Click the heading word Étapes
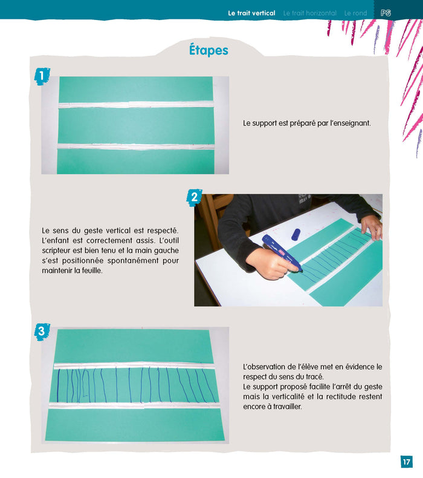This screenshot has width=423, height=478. coord(208,50)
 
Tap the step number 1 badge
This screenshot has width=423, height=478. coord(41,76)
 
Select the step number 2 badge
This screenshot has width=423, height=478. coord(194,196)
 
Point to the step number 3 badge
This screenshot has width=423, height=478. coord(41,331)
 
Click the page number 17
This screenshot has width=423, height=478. coord(406,462)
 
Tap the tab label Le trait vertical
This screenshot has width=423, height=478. coord(251,13)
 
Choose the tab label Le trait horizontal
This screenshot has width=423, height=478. coord(309,13)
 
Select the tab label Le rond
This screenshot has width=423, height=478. coord(355,13)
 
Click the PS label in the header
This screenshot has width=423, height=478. coord(386,13)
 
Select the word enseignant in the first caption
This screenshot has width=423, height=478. coord(351,123)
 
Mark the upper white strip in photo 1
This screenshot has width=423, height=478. coord(135,105)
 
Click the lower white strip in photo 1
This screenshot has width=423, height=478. coord(135,146)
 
